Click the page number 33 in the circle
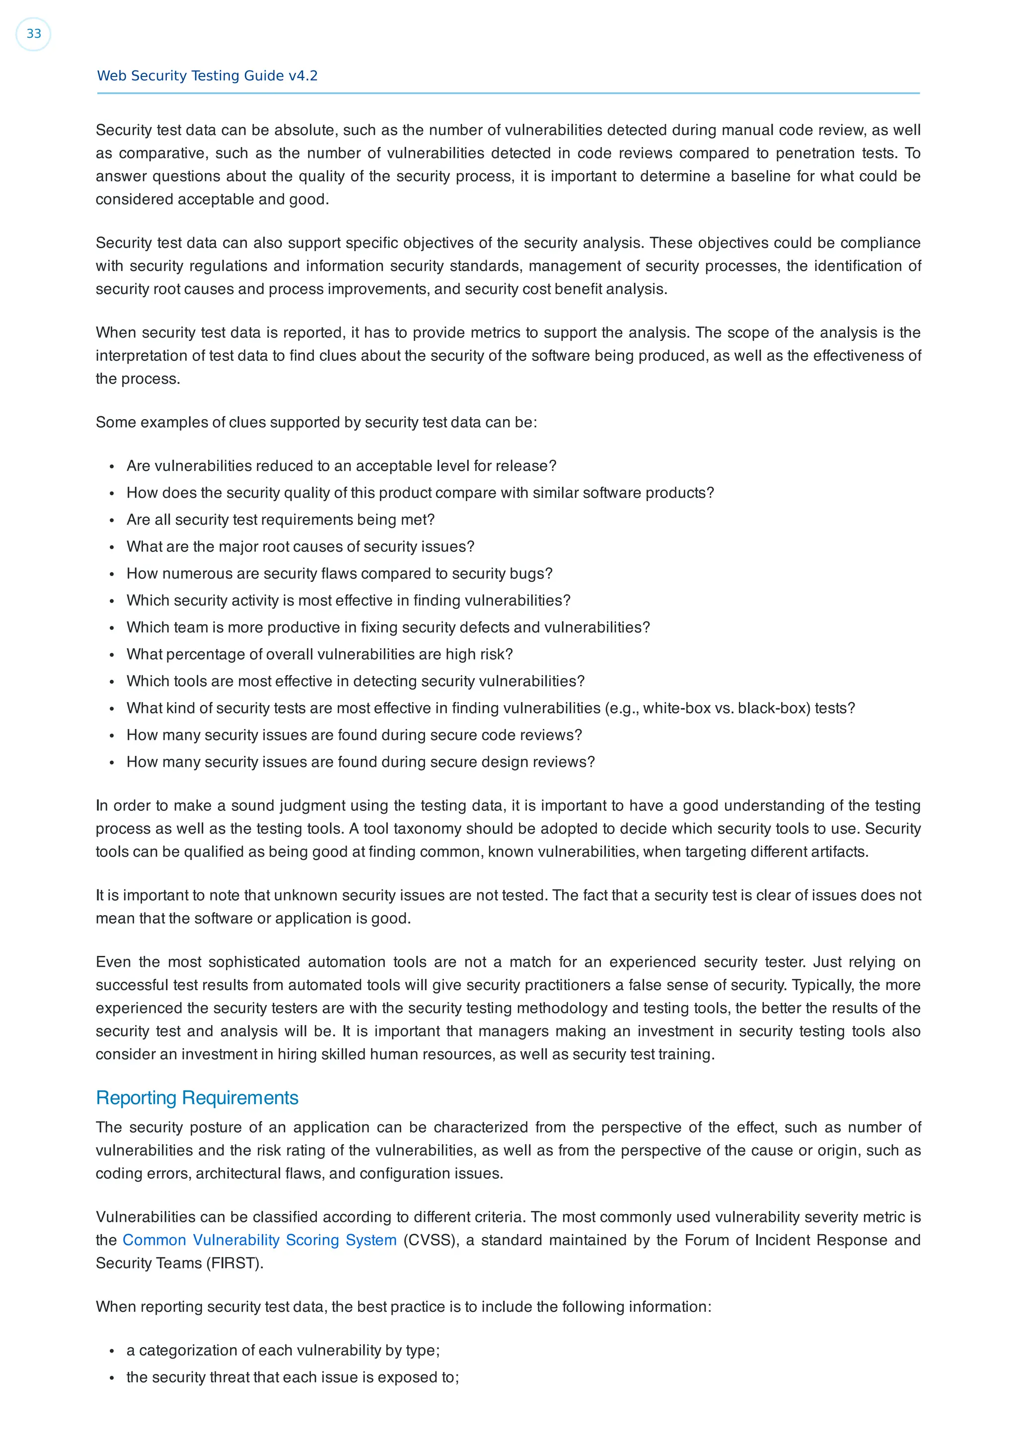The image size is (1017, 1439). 33,34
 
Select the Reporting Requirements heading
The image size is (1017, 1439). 197,1097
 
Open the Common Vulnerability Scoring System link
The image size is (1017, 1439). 259,1240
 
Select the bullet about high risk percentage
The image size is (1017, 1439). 320,654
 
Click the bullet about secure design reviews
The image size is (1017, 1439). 361,762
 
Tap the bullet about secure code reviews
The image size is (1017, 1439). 354,735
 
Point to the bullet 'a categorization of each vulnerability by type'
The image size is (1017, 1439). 283,1350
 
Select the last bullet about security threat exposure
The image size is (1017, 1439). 292,1377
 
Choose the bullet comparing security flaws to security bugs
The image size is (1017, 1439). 339,574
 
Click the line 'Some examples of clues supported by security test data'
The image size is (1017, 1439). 316,423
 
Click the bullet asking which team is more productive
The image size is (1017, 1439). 388,627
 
